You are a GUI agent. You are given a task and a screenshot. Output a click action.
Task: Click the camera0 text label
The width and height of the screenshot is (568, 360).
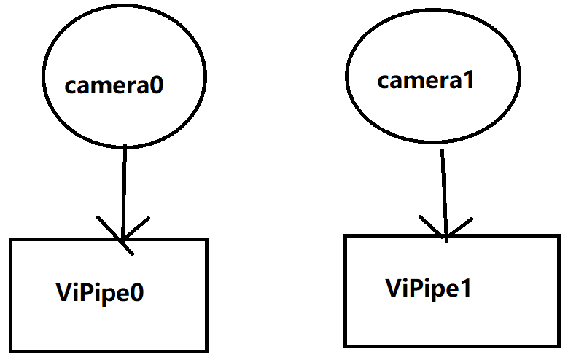[x=114, y=85]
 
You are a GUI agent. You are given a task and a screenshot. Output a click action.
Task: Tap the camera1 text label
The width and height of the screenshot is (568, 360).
[x=426, y=80]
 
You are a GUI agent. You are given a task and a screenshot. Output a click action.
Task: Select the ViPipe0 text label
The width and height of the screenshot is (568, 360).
[x=101, y=293]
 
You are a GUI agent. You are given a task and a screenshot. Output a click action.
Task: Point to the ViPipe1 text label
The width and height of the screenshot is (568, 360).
[x=429, y=288]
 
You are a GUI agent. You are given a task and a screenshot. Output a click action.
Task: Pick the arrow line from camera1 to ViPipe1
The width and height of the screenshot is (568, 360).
[x=443, y=186]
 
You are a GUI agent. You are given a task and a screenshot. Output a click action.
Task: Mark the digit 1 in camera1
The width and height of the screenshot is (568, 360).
[x=469, y=80]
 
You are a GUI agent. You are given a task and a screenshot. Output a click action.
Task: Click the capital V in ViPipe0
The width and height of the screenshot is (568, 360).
[x=63, y=293]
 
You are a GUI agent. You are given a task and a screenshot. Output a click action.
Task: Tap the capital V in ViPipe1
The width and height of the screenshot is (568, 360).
[x=393, y=288]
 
